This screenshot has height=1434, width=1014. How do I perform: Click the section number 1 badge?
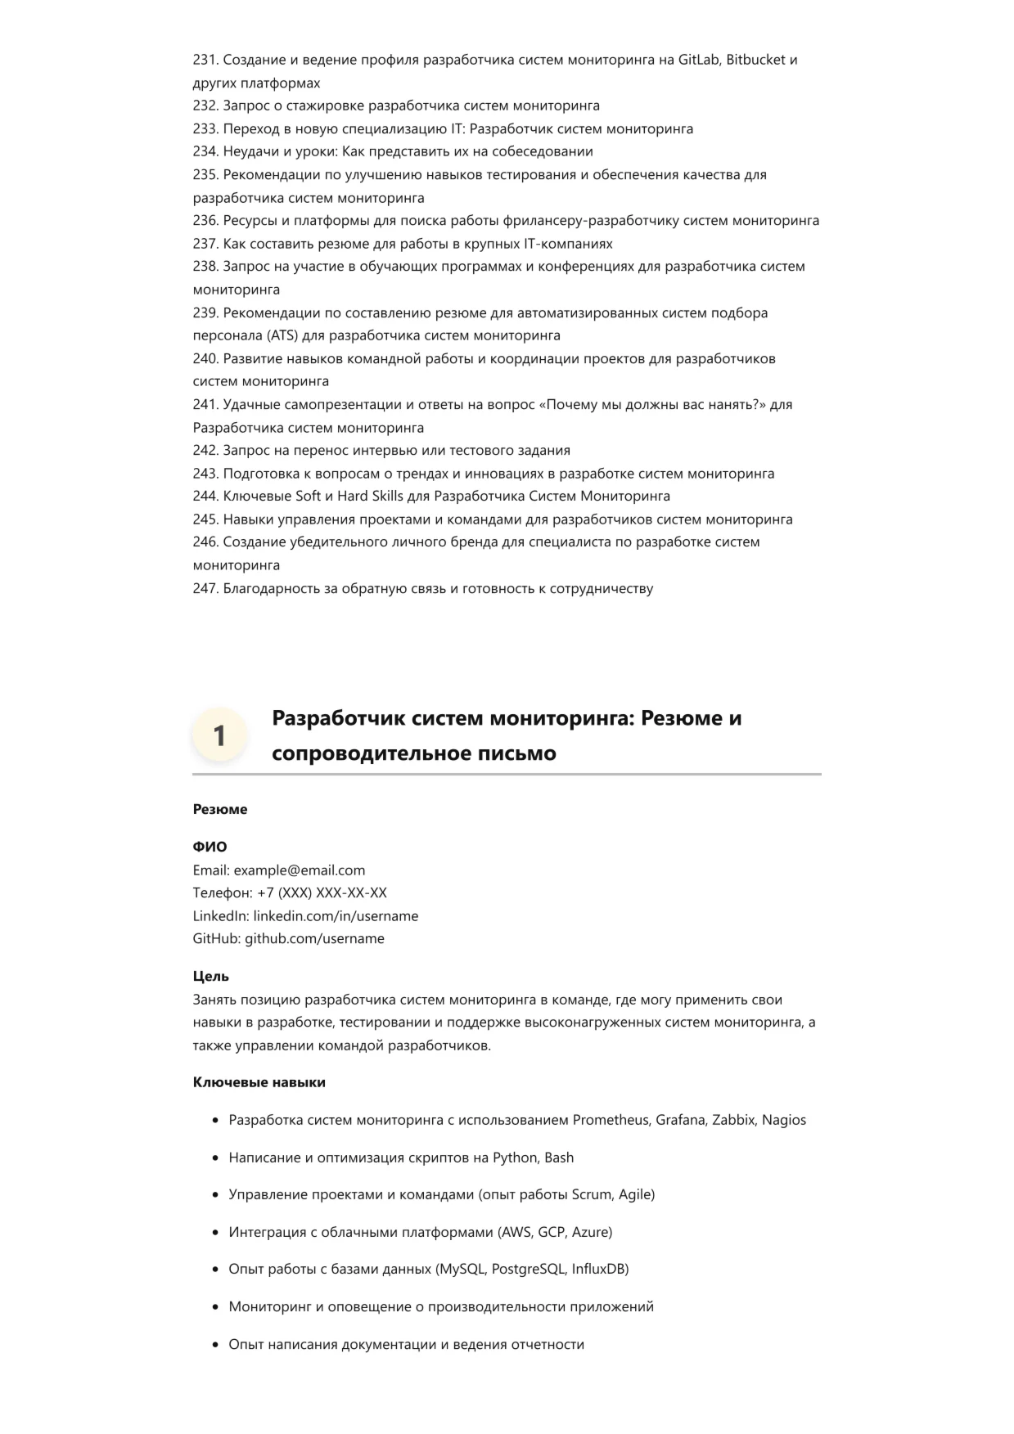[x=219, y=735]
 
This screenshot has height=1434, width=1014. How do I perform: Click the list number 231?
[x=205, y=60]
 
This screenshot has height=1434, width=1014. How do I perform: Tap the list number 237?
[x=205, y=244]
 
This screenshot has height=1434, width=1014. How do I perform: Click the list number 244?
[x=205, y=496]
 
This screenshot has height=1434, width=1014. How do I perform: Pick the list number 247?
[x=205, y=588]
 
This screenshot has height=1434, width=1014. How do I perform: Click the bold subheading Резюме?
[x=220, y=809]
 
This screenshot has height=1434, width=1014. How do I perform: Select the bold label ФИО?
[x=210, y=847]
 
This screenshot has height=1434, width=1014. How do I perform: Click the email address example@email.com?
[x=300, y=870]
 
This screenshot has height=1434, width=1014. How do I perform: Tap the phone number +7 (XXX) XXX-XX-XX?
[x=322, y=892]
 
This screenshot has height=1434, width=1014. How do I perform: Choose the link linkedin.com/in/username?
[x=336, y=916]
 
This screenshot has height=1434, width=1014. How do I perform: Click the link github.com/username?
[x=314, y=938]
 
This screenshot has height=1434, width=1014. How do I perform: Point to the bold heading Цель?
[x=211, y=976]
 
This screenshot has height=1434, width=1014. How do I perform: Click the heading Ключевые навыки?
[x=259, y=1082]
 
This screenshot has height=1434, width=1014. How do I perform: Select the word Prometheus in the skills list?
[x=610, y=1120]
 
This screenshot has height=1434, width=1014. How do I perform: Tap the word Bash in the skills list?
[x=559, y=1158]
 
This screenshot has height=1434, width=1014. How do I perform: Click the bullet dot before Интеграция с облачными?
[x=215, y=1232]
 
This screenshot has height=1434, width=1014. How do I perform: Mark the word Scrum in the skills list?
[x=592, y=1194]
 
